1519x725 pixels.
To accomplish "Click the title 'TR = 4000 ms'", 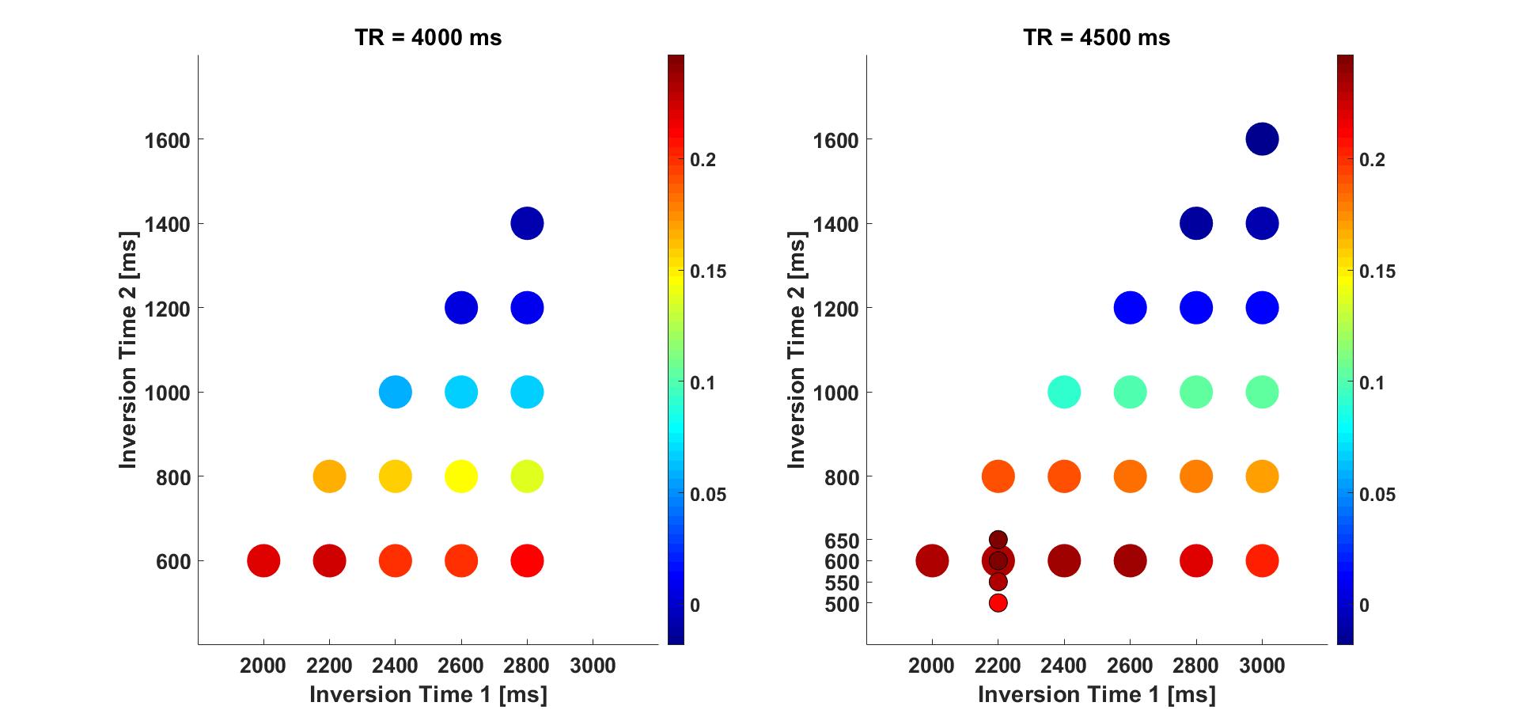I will click(428, 37).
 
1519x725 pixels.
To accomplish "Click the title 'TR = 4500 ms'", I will click(1097, 37).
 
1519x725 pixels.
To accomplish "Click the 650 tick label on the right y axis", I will click(841, 541).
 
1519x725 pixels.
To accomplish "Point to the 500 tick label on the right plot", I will click(841, 605).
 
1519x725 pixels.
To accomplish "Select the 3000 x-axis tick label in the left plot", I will click(593, 666).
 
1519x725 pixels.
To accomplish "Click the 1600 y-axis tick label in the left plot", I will click(168, 141).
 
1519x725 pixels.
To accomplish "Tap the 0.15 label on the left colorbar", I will click(707, 271).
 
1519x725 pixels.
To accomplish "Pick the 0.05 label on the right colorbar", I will click(1377, 495).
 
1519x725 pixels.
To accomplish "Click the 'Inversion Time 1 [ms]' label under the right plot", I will click(1097, 694).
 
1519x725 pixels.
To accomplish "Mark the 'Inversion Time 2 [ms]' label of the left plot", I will click(128, 350).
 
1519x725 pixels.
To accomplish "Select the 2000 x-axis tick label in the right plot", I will click(931, 666).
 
